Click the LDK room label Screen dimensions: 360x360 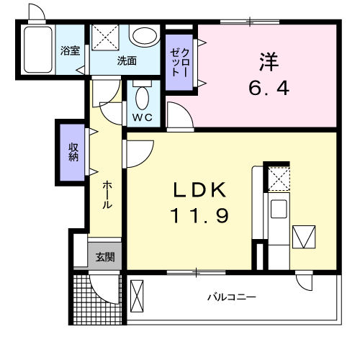(199, 191)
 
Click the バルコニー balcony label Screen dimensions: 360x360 (232, 297)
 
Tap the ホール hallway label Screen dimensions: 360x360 (106, 194)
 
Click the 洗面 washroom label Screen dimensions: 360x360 (127, 61)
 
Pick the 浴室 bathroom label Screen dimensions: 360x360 (70, 51)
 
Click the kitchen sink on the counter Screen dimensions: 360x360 (277, 210)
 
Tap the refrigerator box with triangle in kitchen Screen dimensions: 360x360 (304, 236)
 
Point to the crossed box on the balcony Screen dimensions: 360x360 (138, 295)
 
